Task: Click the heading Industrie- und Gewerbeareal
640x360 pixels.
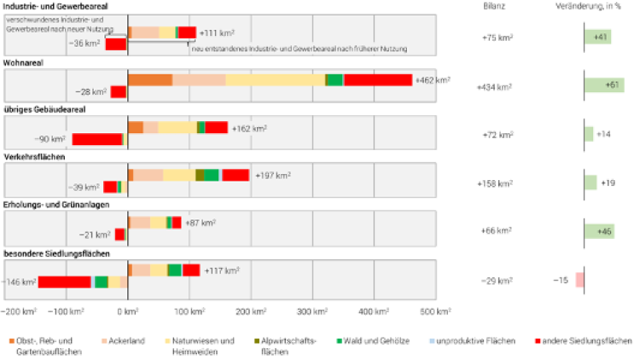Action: pyautogui.click(x=56, y=7)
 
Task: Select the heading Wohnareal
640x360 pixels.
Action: pyautogui.click(x=23, y=62)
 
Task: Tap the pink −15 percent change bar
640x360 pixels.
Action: pyautogui.click(x=579, y=280)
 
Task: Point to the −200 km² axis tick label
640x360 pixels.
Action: pyautogui.click(x=18, y=311)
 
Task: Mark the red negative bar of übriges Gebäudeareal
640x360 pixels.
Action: pyautogui.click(x=97, y=139)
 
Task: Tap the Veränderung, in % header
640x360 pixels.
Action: pyautogui.click(x=590, y=7)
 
